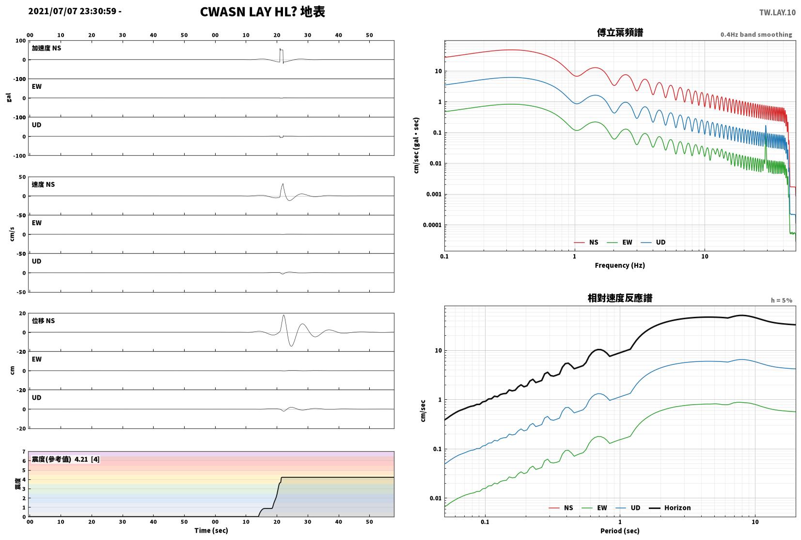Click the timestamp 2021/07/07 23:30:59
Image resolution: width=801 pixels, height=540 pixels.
72,11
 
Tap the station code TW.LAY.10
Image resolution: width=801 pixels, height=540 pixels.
777,13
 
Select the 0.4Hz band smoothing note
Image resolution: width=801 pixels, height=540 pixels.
756,34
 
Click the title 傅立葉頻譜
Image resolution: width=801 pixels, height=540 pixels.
620,32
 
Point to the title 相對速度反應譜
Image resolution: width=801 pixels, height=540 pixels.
620,298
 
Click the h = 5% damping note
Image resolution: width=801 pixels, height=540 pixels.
781,300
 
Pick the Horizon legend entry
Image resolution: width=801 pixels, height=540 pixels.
670,508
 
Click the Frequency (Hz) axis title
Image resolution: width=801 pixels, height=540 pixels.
620,265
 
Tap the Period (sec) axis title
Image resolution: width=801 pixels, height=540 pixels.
620,531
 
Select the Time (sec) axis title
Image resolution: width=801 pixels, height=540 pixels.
211,530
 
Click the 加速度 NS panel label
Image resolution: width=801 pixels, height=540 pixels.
46,48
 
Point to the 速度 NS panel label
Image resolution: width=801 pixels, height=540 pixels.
43,184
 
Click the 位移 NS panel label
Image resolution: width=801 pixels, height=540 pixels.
43,321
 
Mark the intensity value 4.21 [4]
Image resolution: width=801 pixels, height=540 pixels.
87,459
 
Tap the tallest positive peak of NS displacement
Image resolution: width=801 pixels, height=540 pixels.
283,315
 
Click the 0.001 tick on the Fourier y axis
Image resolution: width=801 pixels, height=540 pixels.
434,195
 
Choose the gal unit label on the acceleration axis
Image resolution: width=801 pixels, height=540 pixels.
9,98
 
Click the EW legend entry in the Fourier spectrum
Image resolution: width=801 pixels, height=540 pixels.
620,243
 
